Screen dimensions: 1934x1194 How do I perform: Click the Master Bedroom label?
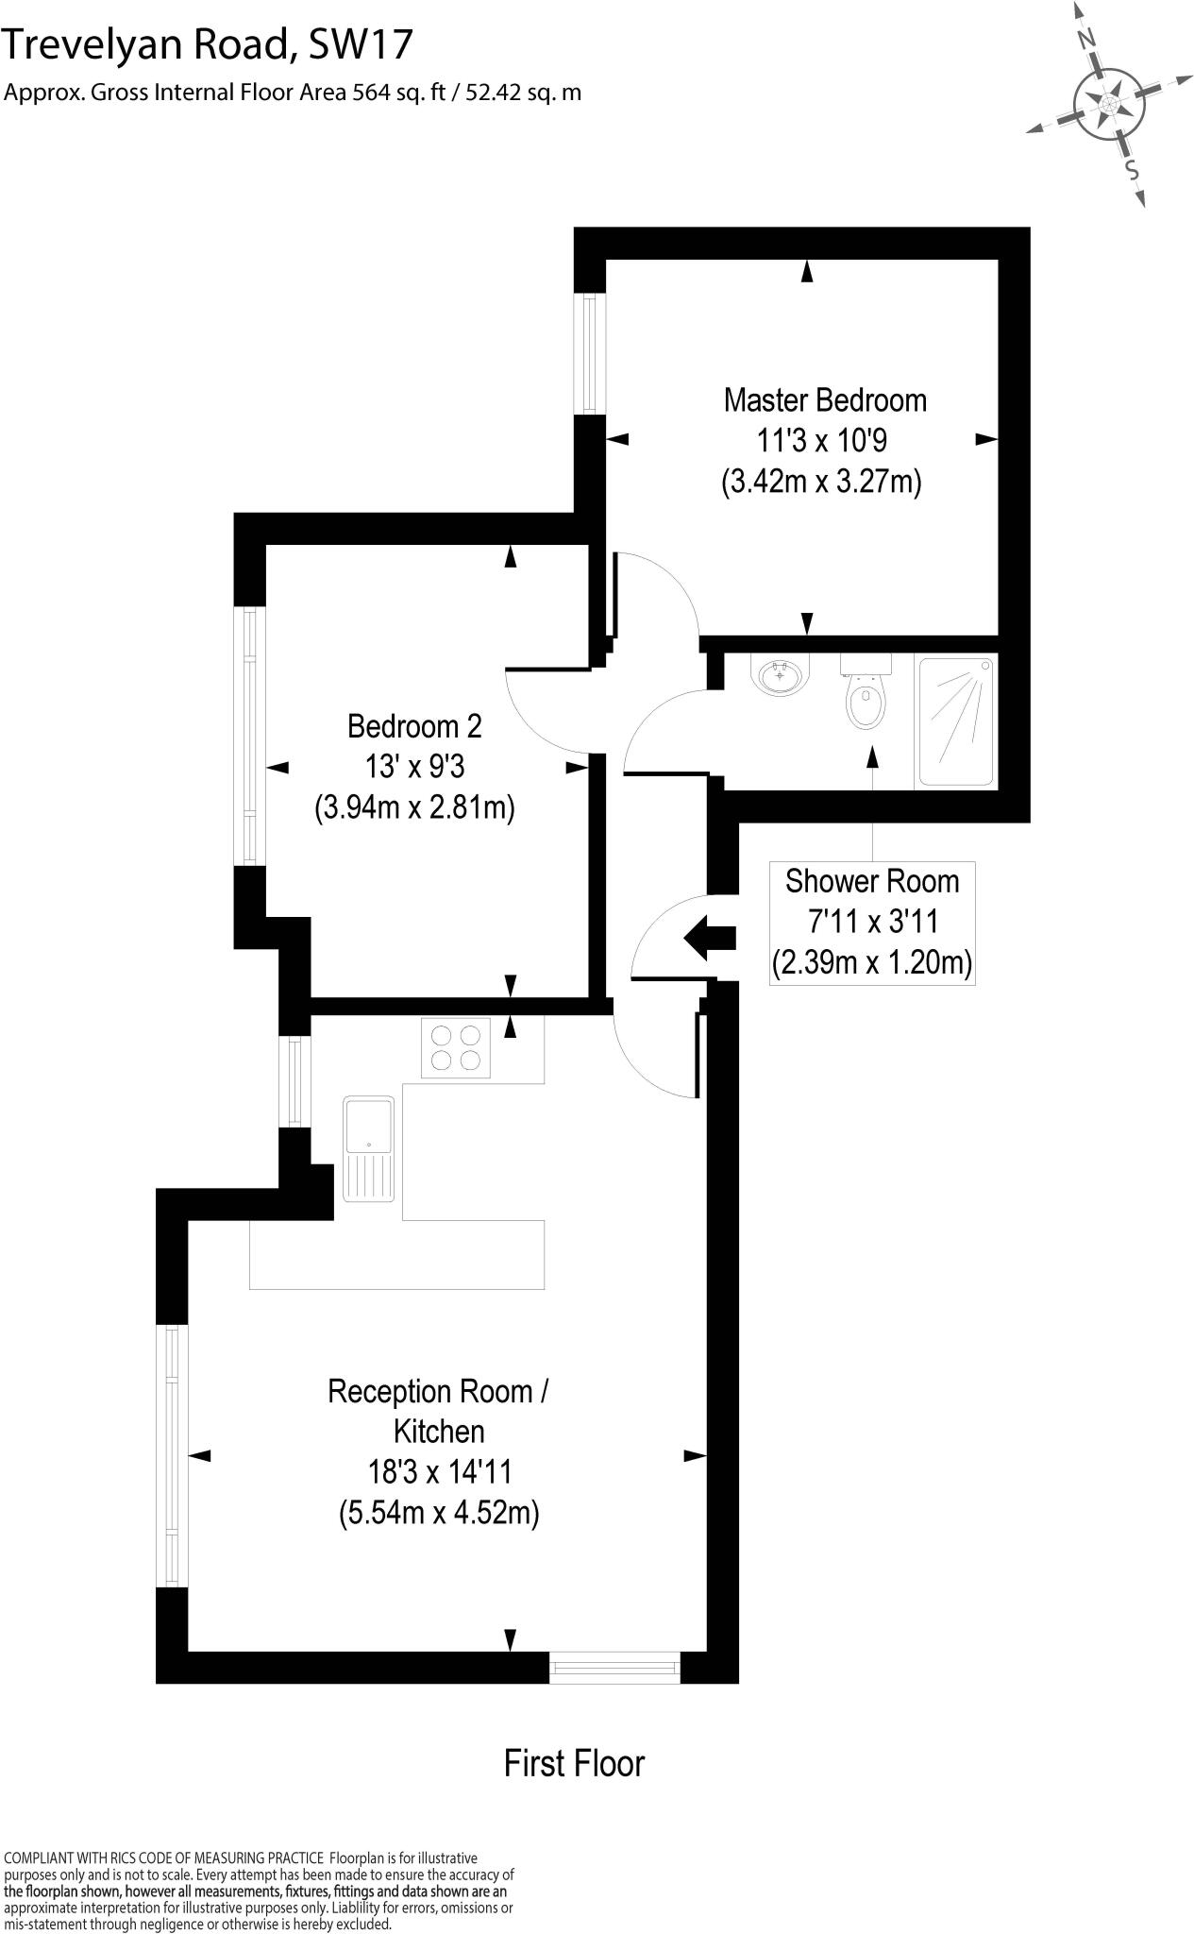point(824,400)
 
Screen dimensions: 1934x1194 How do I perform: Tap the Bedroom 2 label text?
point(414,726)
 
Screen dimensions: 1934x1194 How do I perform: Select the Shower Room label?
point(871,881)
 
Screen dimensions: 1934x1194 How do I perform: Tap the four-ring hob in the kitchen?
point(457,1047)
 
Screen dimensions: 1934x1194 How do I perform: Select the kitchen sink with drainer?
point(368,1148)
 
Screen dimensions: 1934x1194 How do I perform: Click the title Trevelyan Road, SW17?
point(208,44)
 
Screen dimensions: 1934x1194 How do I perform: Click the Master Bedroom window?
point(591,353)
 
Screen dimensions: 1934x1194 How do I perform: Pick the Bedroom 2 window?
point(249,736)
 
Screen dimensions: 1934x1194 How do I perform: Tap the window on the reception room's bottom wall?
point(614,1667)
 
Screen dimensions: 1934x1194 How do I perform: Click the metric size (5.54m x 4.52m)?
point(439,1514)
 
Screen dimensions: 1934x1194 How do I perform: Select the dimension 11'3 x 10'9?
point(821,441)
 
